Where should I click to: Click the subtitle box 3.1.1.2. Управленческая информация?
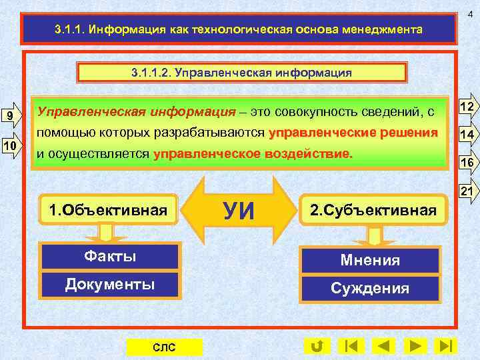[242, 71]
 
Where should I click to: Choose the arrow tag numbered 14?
[467, 135]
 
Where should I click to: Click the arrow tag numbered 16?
[467, 163]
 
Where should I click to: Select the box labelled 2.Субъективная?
[372, 211]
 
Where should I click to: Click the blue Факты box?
[110, 256]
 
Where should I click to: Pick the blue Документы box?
[110, 285]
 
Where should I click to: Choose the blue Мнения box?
[371, 260]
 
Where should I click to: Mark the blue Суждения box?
[371, 289]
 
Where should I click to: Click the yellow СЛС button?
[164, 347]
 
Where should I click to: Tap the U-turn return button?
[317, 345]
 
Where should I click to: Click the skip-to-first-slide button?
[351, 345]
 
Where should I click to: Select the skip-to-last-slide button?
[447, 345]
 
